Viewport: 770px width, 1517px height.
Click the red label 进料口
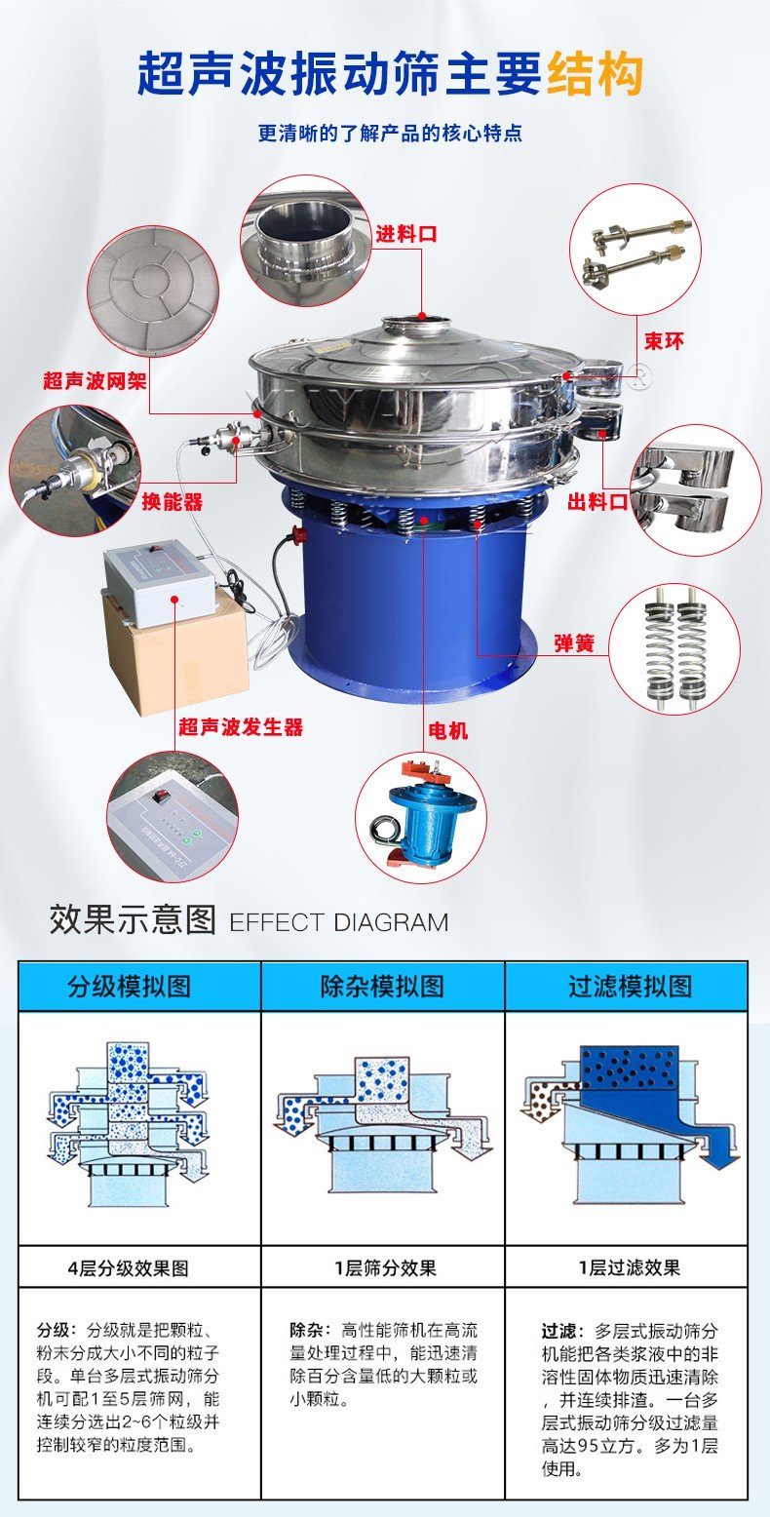tap(406, 234)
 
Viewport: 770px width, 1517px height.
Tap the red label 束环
tap(664, 340)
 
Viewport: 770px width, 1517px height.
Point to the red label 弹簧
tap(574, 642)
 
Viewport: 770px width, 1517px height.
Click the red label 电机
tap(447, 730)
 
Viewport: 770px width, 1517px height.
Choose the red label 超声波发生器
tap(241, 726)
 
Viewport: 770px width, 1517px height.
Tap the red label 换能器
tap(172, 501)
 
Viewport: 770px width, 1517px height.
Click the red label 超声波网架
tap(95, 380)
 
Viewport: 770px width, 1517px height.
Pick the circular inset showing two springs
tap(674, 649)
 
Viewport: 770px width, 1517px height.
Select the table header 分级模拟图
tap(129, 986)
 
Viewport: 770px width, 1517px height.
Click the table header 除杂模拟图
tap(383, 986)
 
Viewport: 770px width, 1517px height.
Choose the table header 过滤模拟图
tap(630, 986)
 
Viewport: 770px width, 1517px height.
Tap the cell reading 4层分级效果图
tap(128, 1267)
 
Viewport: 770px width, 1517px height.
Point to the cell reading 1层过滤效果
tap(629, 1267)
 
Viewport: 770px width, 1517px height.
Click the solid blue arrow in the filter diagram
tap(717, 1150)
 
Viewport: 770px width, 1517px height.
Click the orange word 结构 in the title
tap(595, 74)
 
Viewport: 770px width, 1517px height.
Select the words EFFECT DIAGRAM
tap(339, 922)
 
